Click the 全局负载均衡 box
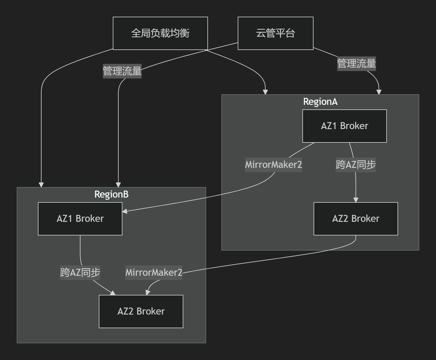pos(160,33)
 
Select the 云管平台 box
pos(275,33)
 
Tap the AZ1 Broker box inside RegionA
pos(344,126)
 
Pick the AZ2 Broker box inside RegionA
pos(356,218)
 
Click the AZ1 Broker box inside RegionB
pos(80,218)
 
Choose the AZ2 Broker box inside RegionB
pos(141,311)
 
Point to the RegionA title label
pos(320,102)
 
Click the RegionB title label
pos(111,194)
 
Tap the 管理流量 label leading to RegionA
pos(356,64)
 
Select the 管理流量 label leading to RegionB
pos(122,71)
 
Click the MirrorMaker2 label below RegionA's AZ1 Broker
pos(273,165)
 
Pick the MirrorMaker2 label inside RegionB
pos(154,272)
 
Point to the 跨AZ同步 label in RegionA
pos(356,165)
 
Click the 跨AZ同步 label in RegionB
pos(80,272)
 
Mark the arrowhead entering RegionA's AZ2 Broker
pos(356,200)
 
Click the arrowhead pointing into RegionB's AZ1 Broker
pos(125,211)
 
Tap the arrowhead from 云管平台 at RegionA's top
pos(379,92)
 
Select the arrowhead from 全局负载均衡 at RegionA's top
pos(265,92)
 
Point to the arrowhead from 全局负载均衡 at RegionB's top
pos(41,185)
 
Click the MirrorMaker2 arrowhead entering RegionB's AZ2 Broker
pos(147,292)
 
